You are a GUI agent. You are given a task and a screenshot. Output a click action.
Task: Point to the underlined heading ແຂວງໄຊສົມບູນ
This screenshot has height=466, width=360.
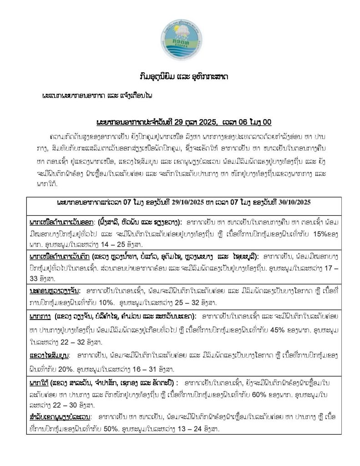[48, 355]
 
